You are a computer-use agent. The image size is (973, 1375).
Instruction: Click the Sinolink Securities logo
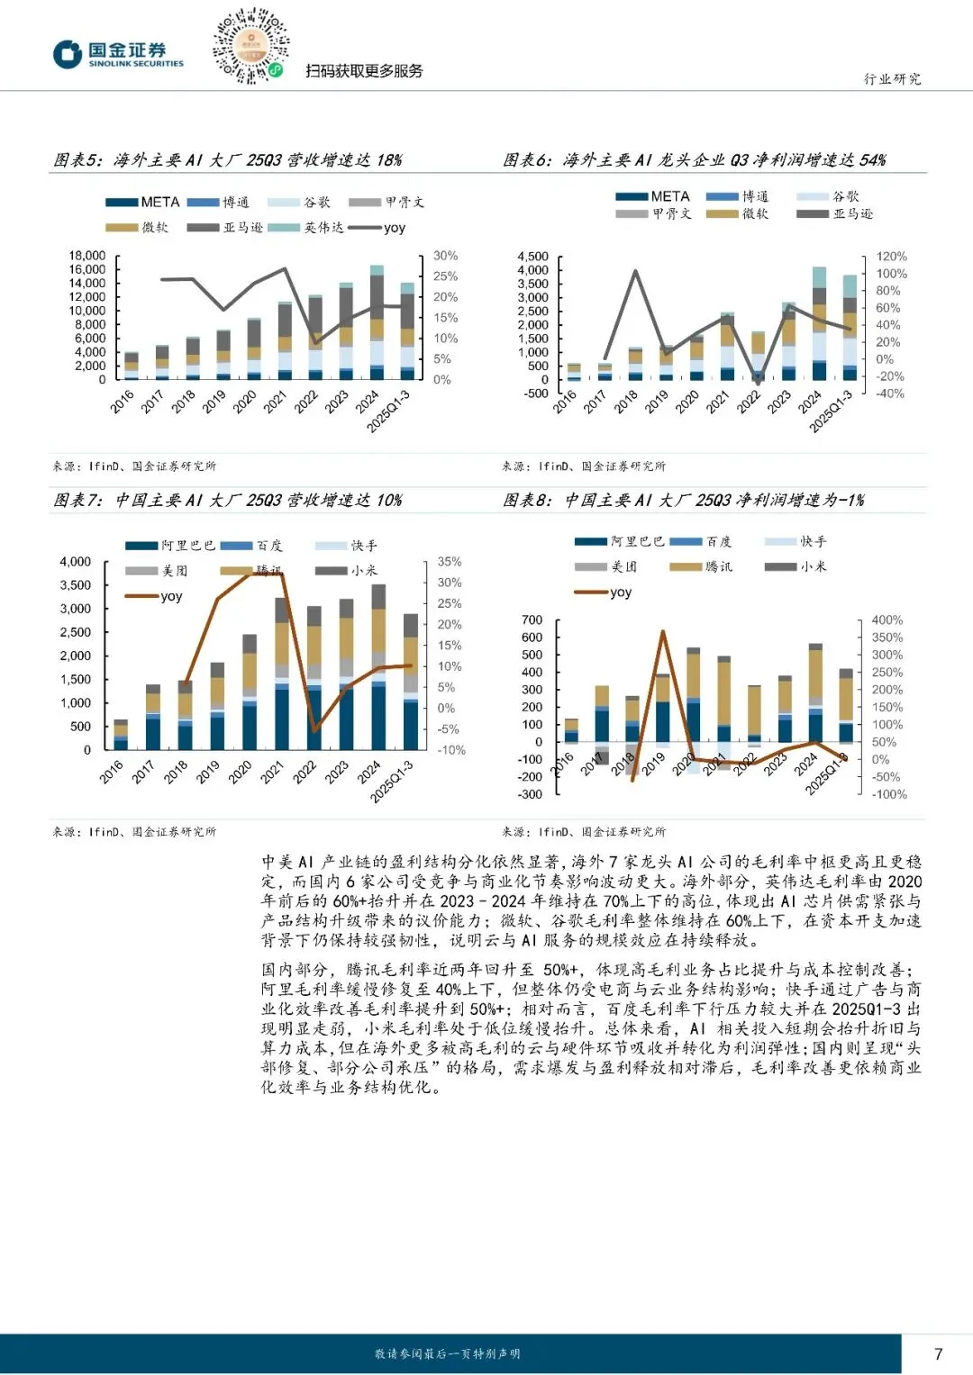coord(118,55)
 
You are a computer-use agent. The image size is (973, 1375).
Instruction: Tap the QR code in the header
coord(250,46)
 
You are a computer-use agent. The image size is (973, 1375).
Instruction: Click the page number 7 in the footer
coord(938,1353)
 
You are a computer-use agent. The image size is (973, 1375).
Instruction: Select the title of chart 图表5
coord(227,160)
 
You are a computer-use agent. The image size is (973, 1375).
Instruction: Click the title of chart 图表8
coord(683,500)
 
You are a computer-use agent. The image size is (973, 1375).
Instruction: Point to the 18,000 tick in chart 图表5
coord(87,256)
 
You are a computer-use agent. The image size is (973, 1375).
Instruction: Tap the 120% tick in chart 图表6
coord(891,257)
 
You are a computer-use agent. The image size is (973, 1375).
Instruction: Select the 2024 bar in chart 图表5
coord(377,322)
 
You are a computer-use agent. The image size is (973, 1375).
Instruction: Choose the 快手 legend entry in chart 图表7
coord(347,546)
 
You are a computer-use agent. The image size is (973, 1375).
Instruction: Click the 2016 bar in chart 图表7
coord(121,735)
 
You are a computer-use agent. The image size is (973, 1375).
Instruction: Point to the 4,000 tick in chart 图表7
coord(76,562)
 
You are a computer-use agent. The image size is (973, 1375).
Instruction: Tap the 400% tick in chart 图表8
coord(887,620)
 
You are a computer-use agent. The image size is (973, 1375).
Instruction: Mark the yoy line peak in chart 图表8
coord(663,631)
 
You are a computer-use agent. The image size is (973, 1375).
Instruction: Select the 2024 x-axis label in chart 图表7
coord(369,772)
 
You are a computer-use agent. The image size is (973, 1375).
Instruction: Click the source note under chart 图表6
coord(584,466)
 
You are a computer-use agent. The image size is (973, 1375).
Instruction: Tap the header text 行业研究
coord(892,79)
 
